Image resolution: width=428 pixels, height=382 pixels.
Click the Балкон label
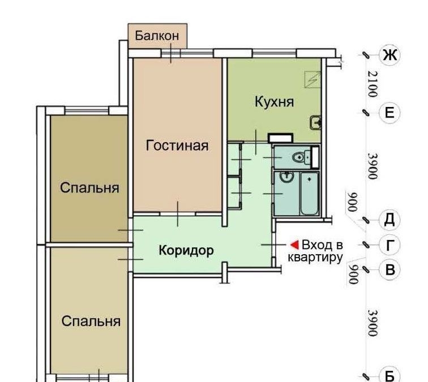point(157,36)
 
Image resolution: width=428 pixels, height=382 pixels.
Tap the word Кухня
point(275,102)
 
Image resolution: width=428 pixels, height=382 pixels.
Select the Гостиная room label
point(177,145)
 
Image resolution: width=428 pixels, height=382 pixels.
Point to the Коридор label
point(186,251)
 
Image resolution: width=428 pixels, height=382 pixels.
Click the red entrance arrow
point(295,244)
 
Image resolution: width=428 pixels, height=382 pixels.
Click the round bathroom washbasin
point(286,178)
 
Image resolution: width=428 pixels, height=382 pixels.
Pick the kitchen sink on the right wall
point(315,122)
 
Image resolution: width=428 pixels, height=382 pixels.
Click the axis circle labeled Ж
point(390,55)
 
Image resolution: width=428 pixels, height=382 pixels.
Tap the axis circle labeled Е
point(390,113)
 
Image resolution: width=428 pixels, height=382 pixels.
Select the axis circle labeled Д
point(390,220)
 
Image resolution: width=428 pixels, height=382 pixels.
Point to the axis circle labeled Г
point(390,244)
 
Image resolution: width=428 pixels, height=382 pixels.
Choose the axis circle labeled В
point(390,269)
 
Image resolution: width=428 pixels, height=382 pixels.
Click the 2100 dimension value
point(373,84)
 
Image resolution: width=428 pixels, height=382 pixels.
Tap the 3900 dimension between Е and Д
point(373,166)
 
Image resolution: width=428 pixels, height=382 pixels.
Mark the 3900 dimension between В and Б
point(373,323)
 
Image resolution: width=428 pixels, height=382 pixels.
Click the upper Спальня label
point(89,188)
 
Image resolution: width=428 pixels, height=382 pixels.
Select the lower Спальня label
point(91,321)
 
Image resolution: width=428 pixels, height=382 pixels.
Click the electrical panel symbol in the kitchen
point(313,79)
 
